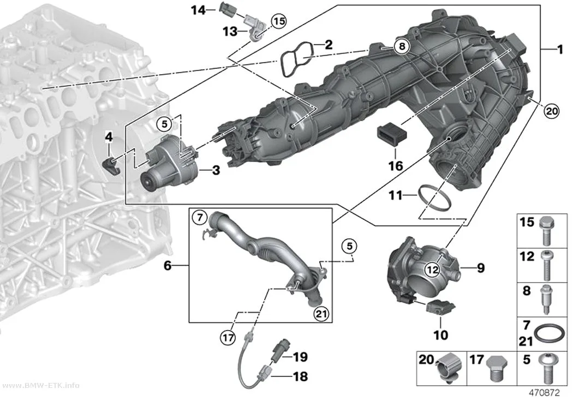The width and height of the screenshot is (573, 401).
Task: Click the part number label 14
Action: (x=199, y=10)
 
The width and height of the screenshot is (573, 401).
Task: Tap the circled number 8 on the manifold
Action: (x=402, y=46)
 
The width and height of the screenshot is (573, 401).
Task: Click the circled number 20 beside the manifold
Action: (x=551, y=111)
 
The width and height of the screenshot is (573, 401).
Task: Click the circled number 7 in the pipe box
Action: (x=200, y=218)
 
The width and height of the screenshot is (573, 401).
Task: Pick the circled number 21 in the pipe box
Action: (x=321, y=314)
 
